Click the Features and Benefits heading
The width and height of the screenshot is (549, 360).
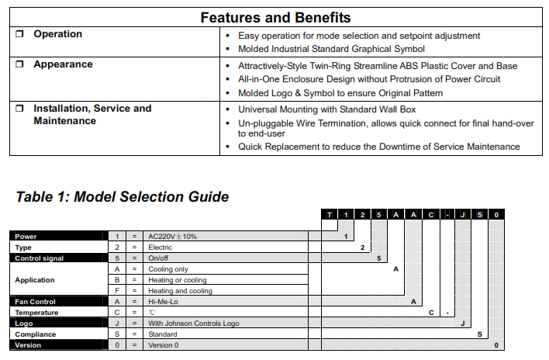tap(275, 17)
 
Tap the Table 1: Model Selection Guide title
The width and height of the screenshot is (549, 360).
tap(123, 196)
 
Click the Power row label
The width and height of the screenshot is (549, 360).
tap(26, 236)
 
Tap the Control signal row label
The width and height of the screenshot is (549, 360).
tap(39, 258)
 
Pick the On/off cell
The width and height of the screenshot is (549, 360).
tap(158, 258)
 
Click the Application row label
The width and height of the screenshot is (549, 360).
tap(36, 279)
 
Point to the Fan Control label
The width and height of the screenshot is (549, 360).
tap(36, 302)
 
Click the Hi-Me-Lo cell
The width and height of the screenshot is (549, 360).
tap(163, 302)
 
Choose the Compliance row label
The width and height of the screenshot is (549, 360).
tap(36, 334)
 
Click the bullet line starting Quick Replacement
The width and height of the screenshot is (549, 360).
tap(378, 147)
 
